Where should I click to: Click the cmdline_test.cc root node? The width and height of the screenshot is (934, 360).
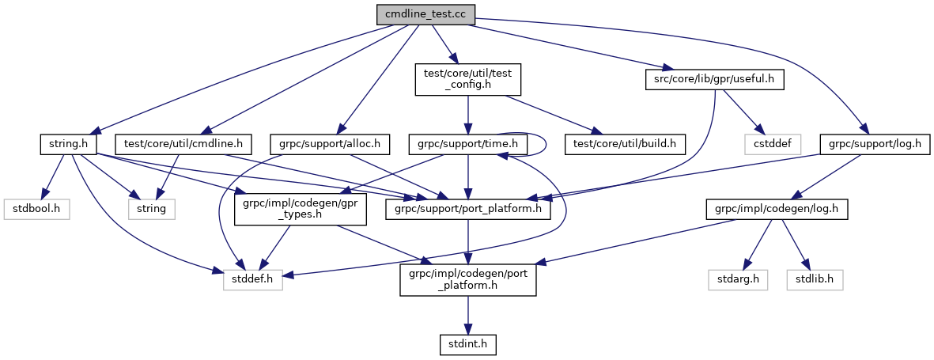425,13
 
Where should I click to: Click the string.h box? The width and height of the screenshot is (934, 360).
67,145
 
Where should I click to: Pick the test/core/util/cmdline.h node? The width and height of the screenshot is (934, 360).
183,145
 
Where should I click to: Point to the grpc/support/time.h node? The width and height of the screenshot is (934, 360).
468,145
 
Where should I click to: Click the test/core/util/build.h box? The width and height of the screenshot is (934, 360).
625,145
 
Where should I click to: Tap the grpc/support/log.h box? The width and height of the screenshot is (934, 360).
875,145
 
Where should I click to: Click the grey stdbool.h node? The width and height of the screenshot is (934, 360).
36,210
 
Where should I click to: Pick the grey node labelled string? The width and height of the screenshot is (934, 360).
152,210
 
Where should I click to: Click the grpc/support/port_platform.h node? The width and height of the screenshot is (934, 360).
468,210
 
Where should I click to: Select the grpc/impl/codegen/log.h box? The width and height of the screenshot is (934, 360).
777,210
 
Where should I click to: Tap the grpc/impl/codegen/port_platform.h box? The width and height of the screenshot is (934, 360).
468,279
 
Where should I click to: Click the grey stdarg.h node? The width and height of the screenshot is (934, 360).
737,279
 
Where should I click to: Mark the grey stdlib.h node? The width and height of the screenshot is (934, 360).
815,279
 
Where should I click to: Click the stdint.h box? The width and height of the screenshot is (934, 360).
468,344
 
